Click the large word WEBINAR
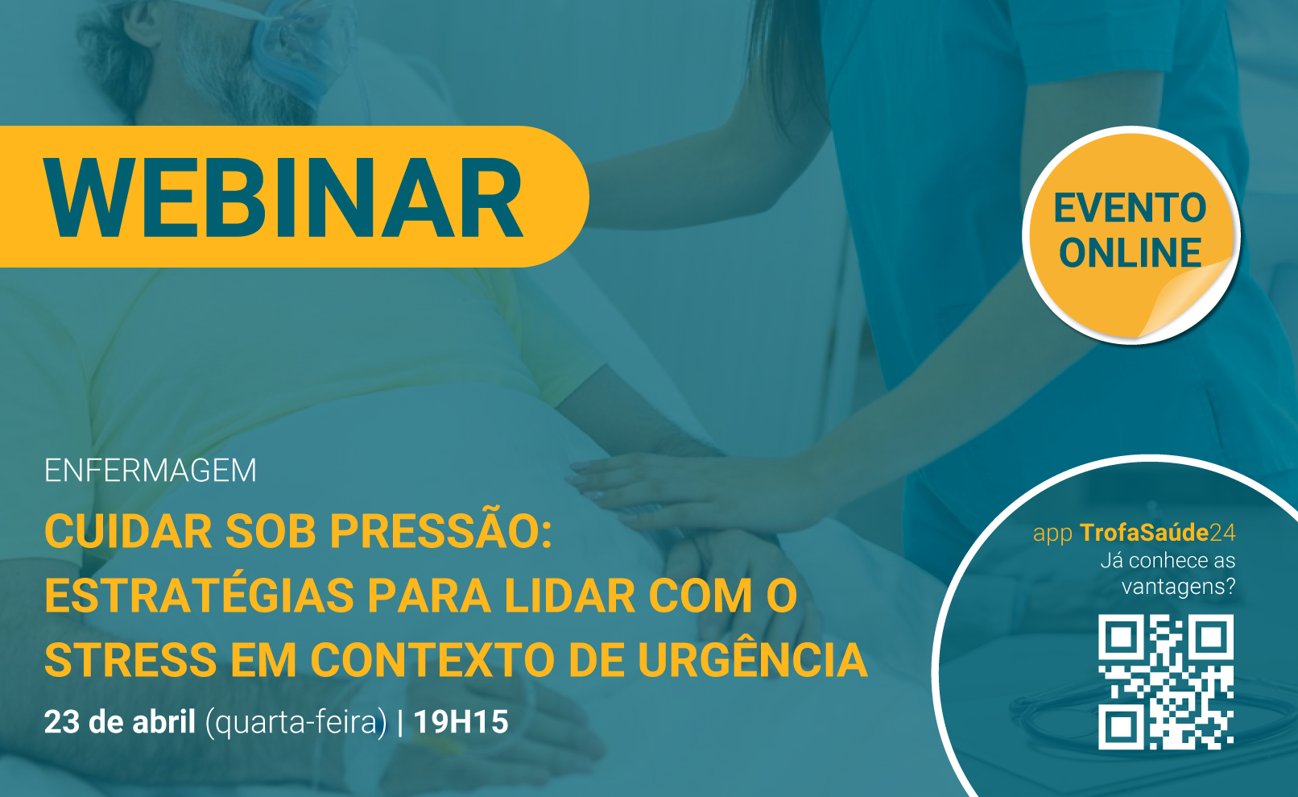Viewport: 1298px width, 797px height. click(284, 197)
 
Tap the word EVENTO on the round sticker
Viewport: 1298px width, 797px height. click(1130, 208)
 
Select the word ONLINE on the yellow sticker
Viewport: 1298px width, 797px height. click(1130, 253)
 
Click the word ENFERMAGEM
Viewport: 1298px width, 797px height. click(150, 471)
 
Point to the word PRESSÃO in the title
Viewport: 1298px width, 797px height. click(440, 531)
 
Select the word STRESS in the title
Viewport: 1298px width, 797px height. click(130, 659)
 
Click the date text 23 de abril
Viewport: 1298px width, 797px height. click(119, 722)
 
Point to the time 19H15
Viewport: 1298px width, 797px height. click(461, 722)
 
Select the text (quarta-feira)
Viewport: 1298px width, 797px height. click(296, 724)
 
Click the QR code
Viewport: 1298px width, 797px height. click(1166, 682)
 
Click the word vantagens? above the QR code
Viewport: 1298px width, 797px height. click(1179, 587)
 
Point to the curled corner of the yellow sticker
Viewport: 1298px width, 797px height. click(1188, 299)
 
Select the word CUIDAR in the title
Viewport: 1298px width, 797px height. click(128, 532)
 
